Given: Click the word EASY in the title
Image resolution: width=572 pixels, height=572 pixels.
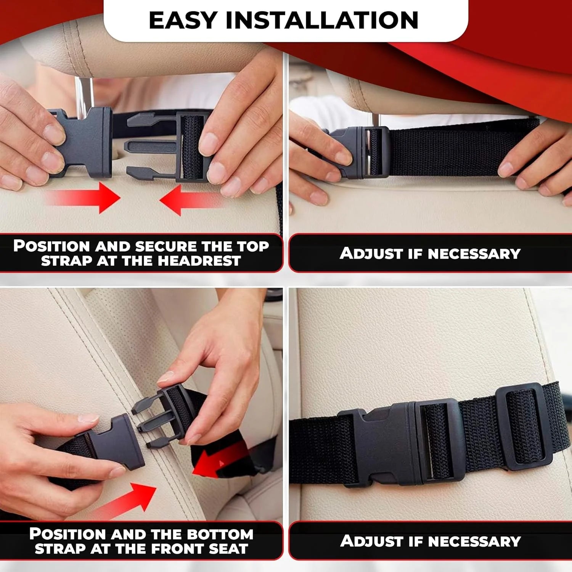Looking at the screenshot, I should point(183,21).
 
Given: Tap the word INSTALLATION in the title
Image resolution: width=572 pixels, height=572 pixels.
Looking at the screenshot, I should point(322,21).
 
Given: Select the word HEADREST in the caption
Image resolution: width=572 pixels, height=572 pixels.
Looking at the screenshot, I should point(199,261).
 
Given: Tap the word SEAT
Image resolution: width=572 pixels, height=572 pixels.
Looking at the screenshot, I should point(228,549).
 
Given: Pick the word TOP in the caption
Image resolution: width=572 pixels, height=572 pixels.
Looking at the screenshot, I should point(253,246).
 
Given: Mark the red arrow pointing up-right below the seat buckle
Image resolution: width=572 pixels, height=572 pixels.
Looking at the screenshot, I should point(126,500).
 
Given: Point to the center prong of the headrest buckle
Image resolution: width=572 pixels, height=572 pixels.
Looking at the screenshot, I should point(149,146).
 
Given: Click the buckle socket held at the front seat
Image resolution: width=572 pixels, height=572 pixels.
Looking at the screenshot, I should point(118,442).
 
